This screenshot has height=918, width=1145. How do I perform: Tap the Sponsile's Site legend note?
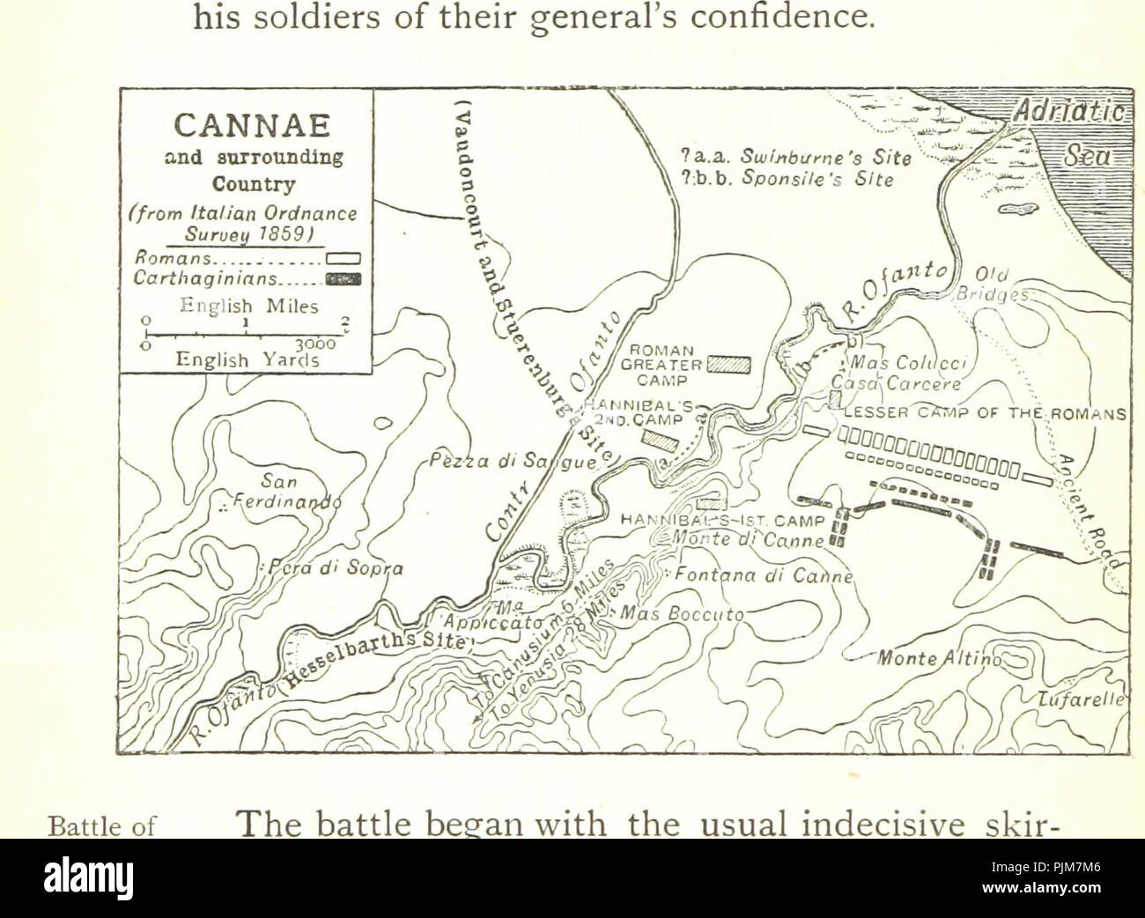(x=788, y=180)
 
